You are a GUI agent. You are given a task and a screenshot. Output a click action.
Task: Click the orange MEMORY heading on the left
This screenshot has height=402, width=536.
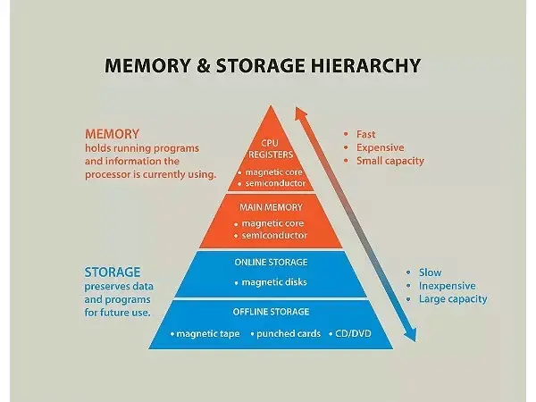(x=112, y=134)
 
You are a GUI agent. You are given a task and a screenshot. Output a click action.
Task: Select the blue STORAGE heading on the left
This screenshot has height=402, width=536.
(x=113, y=272)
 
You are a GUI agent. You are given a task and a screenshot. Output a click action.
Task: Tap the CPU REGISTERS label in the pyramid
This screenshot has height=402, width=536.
(x=271, y=147)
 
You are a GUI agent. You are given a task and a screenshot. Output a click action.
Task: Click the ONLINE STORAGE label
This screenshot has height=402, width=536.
(x=271, y=262)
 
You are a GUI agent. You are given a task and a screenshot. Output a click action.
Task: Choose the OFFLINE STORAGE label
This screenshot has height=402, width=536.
(x=272, y=312)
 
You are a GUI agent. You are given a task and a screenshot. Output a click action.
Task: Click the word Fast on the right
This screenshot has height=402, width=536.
(x=366, y=134)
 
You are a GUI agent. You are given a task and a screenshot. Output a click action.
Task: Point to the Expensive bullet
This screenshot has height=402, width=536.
(x=380, y=147)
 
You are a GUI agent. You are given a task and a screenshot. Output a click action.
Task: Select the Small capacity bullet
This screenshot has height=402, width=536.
(x=389, y=161)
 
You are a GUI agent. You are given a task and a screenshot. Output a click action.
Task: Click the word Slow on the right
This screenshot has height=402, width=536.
(x=430, y=272)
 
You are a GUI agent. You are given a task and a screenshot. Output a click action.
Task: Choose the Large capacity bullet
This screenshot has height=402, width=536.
(x=452, y=299)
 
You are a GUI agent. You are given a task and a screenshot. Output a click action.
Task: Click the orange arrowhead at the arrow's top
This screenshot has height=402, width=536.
(x=302, y=114)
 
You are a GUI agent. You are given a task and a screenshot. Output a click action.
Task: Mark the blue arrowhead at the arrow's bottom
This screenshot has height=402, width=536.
(x=410, y=336)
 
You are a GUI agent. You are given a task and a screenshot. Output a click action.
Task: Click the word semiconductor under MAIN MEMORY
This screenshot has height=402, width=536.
(x=275, y=235)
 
